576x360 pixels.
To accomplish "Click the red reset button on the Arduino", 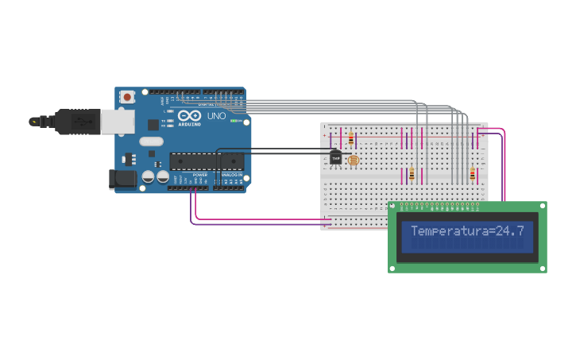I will tap(127, 96).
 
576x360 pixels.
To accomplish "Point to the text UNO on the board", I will tap(217, 116).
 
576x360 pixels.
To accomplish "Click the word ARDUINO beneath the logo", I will tap(190, 125).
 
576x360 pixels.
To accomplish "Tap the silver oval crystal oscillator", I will tap(151, 141).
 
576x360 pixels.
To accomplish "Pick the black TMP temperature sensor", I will tap(336, 158).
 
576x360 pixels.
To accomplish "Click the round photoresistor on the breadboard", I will tap(353, 161).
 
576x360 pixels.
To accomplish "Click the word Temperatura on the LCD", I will tap(447, 231).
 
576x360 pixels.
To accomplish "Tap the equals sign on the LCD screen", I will tap(489, 231).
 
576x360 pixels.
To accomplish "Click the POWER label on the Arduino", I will tap(199, 175).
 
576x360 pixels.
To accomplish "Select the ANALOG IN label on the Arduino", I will tap(231, 175).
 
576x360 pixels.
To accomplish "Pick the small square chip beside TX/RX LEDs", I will tap(152, 124).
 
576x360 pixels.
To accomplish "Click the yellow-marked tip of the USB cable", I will tap(33, 122).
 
